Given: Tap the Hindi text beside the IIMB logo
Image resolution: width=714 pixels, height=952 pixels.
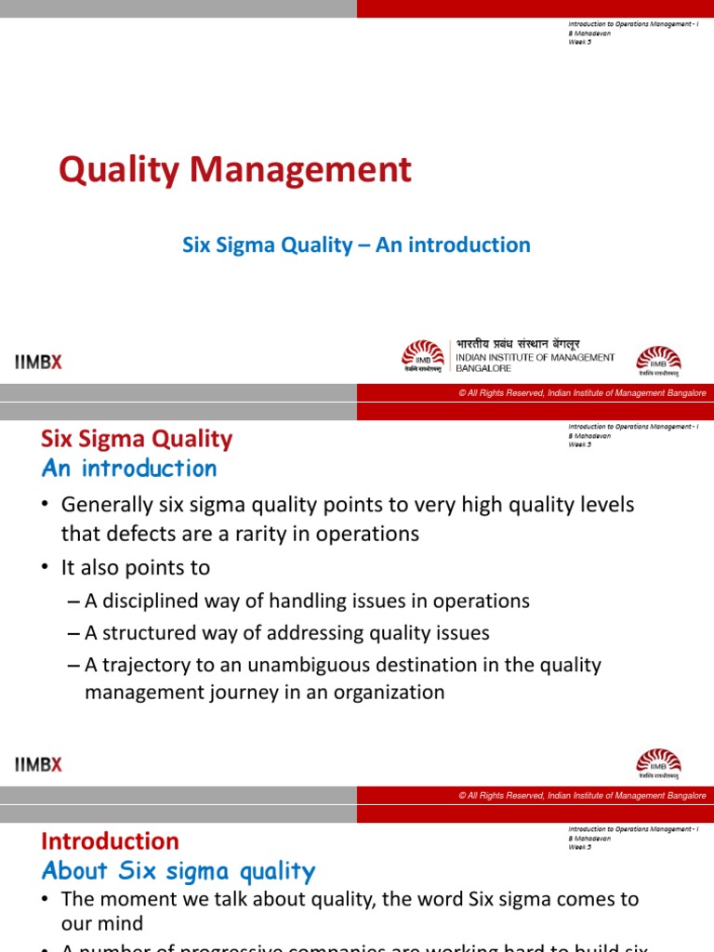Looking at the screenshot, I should pyautogui.click(x=517, y=344).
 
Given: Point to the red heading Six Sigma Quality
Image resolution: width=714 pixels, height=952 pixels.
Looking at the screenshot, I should pyautogui.click(x=137, y=439).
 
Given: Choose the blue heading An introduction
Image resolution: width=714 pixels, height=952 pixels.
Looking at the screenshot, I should pyautogui.click(x=129, y=469).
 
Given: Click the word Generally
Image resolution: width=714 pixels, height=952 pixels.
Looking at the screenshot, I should pyautogui.click(x=103, y=505).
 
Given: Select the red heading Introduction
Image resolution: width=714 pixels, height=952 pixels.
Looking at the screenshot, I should pyautogui.click(x=110, y=841).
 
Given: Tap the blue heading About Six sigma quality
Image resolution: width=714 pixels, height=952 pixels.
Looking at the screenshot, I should pyautogui.click(x=178, y=871).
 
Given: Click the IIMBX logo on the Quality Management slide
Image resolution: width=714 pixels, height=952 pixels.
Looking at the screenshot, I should pyautogui.click(x=38, y=363).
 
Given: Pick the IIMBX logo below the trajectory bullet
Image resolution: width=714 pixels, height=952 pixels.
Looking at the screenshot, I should pyautogui.click(x=38, y=764).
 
